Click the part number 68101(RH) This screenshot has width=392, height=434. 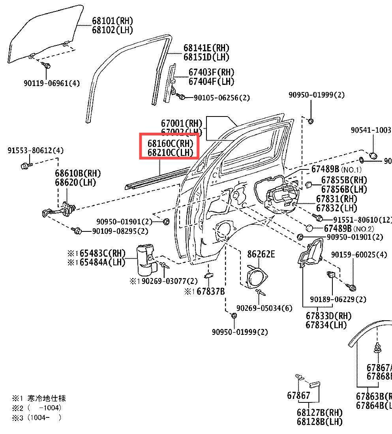[112, 21]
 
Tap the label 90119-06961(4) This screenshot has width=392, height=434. [52, 83]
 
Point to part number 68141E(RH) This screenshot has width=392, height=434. [206, 48]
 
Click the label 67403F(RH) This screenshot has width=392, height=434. [211, 72]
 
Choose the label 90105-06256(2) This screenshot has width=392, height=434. [221, 98]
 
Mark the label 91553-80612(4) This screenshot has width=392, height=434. [36, 150]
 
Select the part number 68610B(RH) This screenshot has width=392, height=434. [78, 173]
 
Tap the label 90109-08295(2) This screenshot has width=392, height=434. [115, 231]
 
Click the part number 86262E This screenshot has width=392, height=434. [261, 254]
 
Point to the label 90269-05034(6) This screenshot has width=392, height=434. [264, 308]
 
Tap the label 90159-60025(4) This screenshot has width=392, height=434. [359, 255]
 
